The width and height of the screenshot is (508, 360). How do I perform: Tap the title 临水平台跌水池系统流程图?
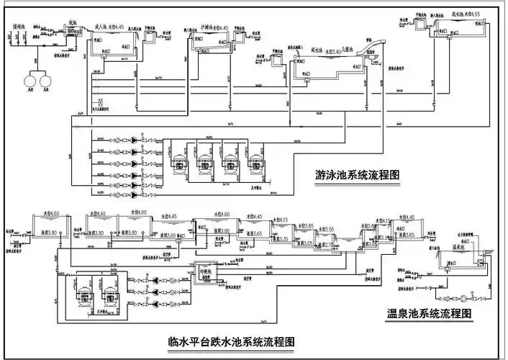tap(230, 340)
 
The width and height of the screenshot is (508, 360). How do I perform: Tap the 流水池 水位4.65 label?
tap(466, 13)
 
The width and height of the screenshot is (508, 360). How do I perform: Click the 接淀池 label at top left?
tap(19, 26)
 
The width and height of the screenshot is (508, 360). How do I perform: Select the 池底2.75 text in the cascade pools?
tap(325, 246)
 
